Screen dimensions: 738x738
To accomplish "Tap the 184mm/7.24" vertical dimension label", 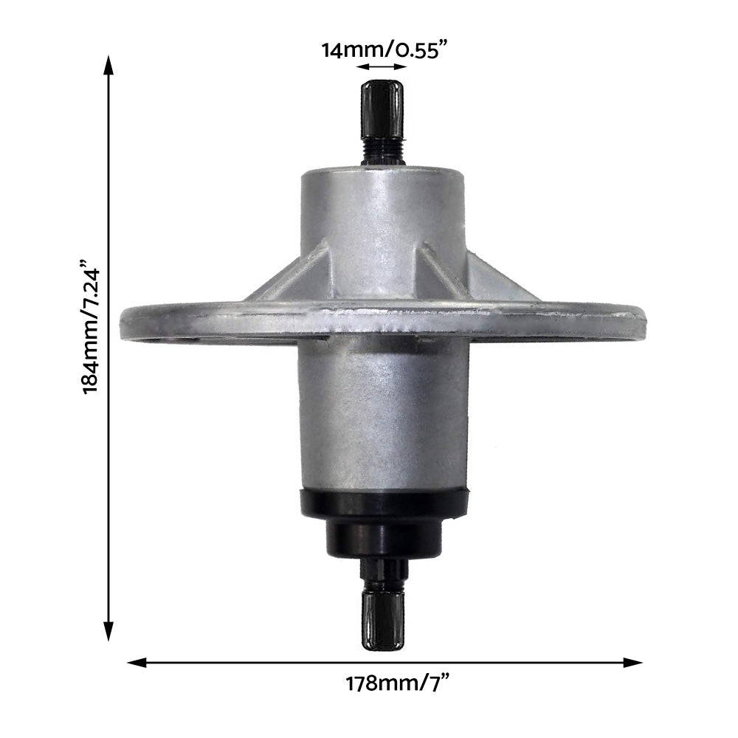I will [x=91, y=326].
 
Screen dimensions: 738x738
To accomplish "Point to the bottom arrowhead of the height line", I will [x=108, y=631].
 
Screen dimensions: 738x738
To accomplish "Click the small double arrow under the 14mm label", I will [x=381, y=66].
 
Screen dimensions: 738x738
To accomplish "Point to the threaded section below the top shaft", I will [x=382, y=153].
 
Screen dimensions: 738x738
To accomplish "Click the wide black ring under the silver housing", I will [x=384, y=503].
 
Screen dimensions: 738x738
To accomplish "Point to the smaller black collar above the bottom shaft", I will [x=384, y=539].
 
